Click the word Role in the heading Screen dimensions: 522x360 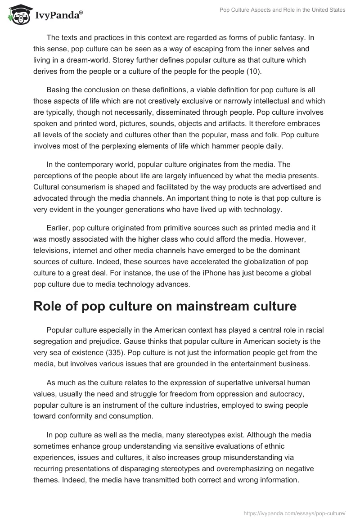point(47,306)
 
